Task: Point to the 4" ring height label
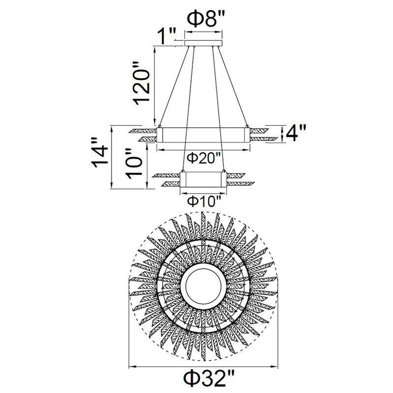click(296, 133)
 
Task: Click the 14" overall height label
click(100, 152)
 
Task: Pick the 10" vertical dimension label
click(134, 164)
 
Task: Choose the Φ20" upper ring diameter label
click(203, 158)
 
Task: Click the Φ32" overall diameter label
click(209, 378)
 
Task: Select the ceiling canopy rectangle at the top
click(203, 43)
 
